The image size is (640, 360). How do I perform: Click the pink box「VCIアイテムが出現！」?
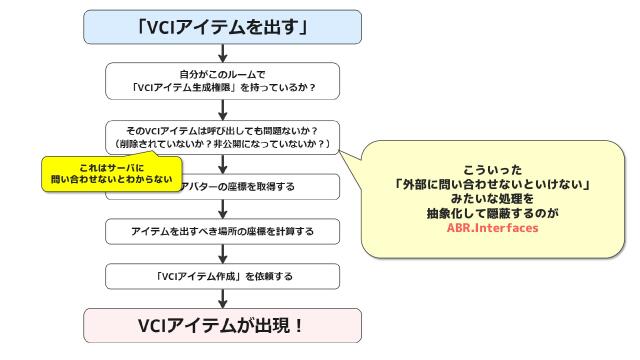tap(223, 326)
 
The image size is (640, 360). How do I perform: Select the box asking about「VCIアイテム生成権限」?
tap(223, 79)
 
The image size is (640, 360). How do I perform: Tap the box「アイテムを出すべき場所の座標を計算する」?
tap(223, 231)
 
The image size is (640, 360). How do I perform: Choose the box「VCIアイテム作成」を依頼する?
tap(223, 274)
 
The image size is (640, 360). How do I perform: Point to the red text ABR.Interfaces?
tap(493, 228)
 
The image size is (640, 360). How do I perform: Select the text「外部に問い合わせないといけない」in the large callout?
tap(493, 185)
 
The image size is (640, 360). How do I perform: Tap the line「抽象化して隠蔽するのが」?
tap(493, 214)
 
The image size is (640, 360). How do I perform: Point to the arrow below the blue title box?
tap(223, 54)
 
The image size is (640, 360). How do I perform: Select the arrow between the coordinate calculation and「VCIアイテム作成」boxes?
tap(223, 253)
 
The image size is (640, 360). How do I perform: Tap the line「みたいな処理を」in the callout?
tap(493, 199)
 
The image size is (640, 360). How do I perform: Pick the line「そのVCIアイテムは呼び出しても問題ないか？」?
tap(223, 130)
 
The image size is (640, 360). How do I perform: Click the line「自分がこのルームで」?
tap(223, 73)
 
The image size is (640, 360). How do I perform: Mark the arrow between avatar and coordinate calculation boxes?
tap(223, 209)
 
